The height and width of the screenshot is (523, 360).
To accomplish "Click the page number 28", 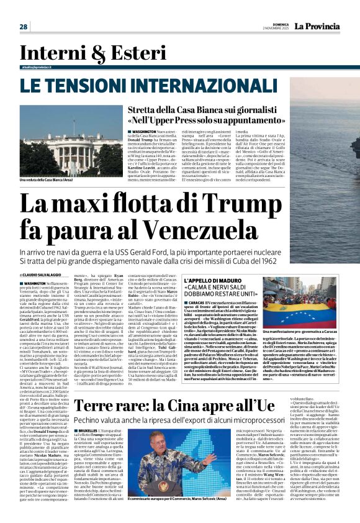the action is [24, 27].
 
